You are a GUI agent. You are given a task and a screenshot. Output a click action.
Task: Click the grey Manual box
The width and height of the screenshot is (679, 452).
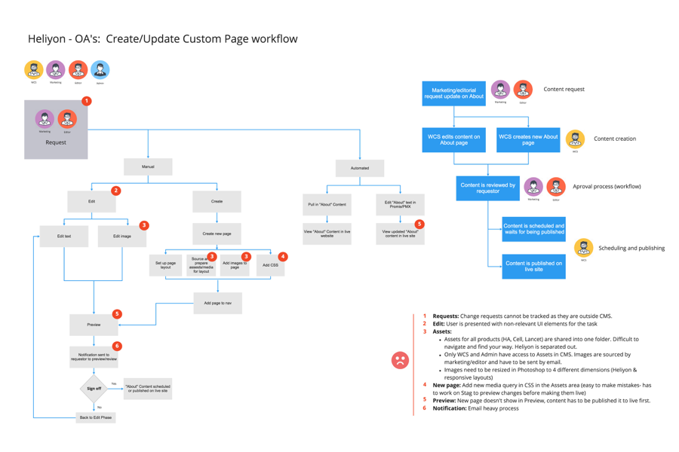pyautogui.click(x=148, y=166)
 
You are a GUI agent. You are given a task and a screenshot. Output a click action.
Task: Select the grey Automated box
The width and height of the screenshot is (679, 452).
pyautogui.click(x=360, y=168)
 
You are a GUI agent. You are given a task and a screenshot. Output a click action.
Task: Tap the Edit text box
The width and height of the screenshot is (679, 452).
pyautogui.click(x=64, y=237)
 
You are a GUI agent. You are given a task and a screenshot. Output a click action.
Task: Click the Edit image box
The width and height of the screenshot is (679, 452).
pyautogui.click(x=122, y=237)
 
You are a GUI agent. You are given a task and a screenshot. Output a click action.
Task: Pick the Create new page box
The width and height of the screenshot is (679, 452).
pyautogui.click(x=217, y=234)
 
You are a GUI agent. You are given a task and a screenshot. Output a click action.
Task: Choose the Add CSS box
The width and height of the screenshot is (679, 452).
pyautogui.click(x=270, y=265)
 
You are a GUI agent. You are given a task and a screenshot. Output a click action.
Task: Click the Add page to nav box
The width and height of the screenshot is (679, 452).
pyautogui.click(x=217, y=303)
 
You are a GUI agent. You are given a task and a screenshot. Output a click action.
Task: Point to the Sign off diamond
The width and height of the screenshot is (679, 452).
pyautogui.click(x=94, y=389)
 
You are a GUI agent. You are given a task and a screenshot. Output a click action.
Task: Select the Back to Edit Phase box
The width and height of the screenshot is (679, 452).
pyautogui.click(x=96, y=417)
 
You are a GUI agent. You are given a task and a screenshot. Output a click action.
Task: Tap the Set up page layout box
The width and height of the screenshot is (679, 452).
pyautogui.click(x=165, y=265)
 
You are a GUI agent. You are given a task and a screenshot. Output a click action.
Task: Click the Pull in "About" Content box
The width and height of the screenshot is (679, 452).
pyautogui.click(x=327, y=205)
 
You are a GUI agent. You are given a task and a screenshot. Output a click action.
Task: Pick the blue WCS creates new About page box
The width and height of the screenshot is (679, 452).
pyautogui.click(x=528, y=140)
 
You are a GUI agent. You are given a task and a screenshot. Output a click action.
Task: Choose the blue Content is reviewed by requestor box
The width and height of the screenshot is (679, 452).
pyautogui.click(x=487, y=188)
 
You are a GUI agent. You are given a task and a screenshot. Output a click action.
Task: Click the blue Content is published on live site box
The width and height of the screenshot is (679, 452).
pyautogui.click(x=533, y=267)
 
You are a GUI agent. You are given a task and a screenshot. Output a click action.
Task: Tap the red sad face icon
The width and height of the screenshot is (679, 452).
pyautogui.click(x=400, y=360)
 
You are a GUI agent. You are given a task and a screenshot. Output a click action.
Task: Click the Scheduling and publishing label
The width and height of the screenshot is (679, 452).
pyautogui.click(x=631, y=248)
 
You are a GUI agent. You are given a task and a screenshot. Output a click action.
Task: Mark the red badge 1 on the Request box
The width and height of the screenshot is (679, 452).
pyautogui.click(x=86, y=101)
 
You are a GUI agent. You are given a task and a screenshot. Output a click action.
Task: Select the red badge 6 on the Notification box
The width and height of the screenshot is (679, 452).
pyautogui.click(x=117, y=347)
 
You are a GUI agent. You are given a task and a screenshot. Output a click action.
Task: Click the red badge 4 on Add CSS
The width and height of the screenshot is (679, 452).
pyautogui.click(x=283, y=257)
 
